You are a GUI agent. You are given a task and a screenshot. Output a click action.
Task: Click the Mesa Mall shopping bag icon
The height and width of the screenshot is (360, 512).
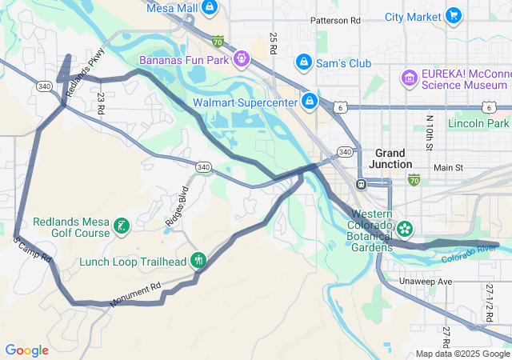pos(209,8)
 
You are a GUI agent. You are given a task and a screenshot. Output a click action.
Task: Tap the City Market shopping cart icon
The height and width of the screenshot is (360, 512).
pos(454,15)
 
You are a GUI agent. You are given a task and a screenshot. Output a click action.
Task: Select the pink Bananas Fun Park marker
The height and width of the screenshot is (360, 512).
pos(241,58)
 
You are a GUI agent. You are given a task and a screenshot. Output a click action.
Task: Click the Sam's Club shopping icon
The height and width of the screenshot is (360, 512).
pos(303,62)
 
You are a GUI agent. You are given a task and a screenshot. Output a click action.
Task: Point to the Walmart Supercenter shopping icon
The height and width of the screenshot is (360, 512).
pos(309,101)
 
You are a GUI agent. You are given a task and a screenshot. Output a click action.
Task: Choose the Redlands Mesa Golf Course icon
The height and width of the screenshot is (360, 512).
pos(121,226)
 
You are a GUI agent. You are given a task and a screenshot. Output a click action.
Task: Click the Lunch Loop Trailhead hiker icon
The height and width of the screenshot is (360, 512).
pos(198,260)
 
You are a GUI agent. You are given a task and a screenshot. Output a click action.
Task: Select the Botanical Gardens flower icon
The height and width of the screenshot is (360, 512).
pos(405,229)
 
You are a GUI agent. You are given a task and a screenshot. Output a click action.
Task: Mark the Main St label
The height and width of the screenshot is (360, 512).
pos(448,168)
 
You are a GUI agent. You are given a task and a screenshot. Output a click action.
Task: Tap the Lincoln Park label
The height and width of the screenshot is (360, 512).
pos(478,123)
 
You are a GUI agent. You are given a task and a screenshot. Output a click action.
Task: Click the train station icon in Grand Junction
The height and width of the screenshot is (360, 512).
pos(361,184)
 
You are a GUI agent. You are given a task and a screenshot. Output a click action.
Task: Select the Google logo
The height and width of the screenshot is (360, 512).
pos(26,350)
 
